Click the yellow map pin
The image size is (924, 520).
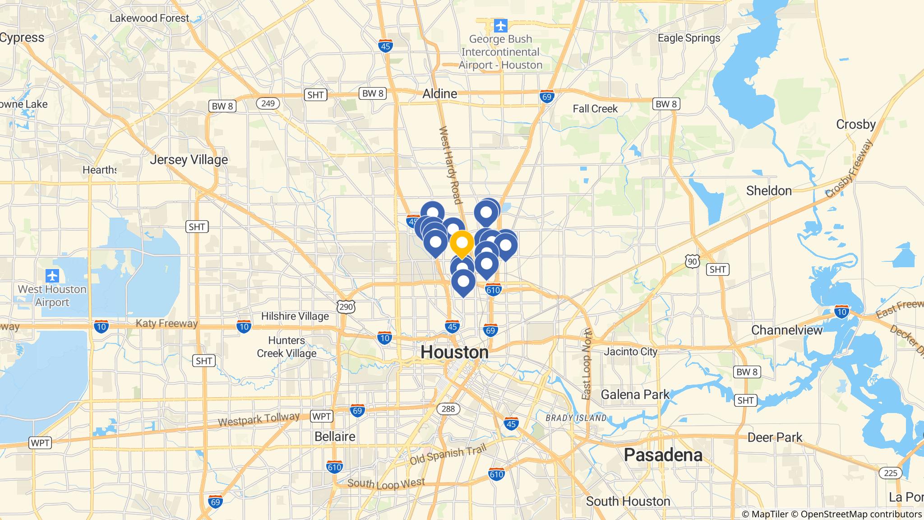[462, 244]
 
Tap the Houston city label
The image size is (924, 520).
[454, 353]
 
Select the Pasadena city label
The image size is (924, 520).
[663, 455]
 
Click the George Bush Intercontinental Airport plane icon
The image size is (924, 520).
[500, 26]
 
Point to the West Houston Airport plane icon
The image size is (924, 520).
[52, 275]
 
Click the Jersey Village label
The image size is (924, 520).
[189, 160]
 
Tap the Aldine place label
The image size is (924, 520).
[439, 94]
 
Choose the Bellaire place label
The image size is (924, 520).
[335, 436]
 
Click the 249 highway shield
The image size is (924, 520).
[268, 103]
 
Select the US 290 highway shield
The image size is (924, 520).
[346, 307]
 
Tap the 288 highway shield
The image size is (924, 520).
[448, 409]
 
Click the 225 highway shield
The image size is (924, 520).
[890, 473]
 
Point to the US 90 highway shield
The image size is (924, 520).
[693, 261]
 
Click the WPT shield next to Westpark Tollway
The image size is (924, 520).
[321, 416]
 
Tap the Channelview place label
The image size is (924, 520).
[787, 330]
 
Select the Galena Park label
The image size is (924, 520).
[635, 395]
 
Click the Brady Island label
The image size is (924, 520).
[576, 418]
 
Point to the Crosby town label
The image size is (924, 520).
[855, 124]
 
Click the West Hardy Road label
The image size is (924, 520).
[450, 165]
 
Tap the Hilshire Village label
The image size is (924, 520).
[295, 316]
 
